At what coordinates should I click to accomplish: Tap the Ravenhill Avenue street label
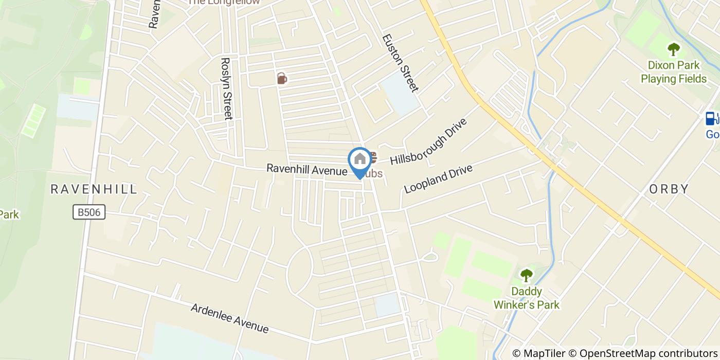tap(307, 169)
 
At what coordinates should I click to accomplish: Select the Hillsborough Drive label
tap(428, 142)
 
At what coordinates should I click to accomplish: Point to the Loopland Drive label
tap(438, 178)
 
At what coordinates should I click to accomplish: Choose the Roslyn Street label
tap(226, 88)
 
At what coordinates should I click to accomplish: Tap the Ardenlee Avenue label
tap(229, 318)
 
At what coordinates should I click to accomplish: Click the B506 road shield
tap(89, 212)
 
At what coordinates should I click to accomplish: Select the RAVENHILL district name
tap(94, 189)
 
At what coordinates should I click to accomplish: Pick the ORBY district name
tap(669, 189)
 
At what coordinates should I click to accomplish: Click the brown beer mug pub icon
tap(281, 78)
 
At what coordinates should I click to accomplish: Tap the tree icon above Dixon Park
tap(673, 50)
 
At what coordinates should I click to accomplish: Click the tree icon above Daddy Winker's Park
tap(526, 276)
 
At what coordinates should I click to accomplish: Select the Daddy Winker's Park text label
tap(526, 298)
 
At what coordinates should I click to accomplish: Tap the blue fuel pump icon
tap(711, 119)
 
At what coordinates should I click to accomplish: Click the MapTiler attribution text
tap(538, 353)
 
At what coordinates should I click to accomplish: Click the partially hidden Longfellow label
tap(223, 2)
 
